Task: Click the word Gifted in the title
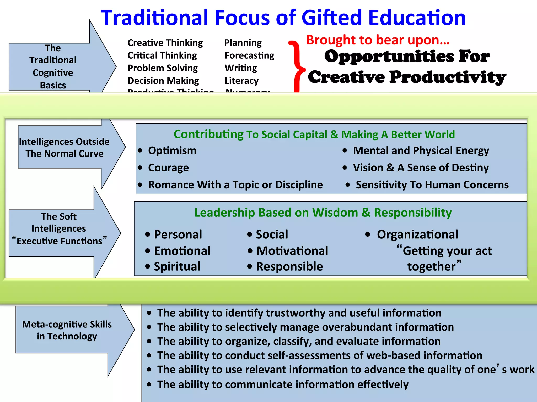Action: (331, 18)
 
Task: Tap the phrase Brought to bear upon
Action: (378, 40)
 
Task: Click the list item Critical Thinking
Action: (162, 55)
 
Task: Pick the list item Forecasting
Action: (249, 55)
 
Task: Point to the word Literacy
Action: (241, 81)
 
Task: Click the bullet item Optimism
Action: (172, 151)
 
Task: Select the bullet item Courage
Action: (168, 168)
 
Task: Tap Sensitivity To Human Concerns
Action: (432, 185)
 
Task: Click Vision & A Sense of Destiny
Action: (421, 168)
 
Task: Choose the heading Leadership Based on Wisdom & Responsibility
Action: (323, 213)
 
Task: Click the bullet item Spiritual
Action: (177, 266)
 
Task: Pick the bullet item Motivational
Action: (292, 251)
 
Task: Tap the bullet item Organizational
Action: (417, 234)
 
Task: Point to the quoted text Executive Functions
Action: (60, 241)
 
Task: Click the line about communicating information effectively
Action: (283, 384)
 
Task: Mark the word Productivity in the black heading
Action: (447, 77)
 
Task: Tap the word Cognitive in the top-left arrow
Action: (53, 73)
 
